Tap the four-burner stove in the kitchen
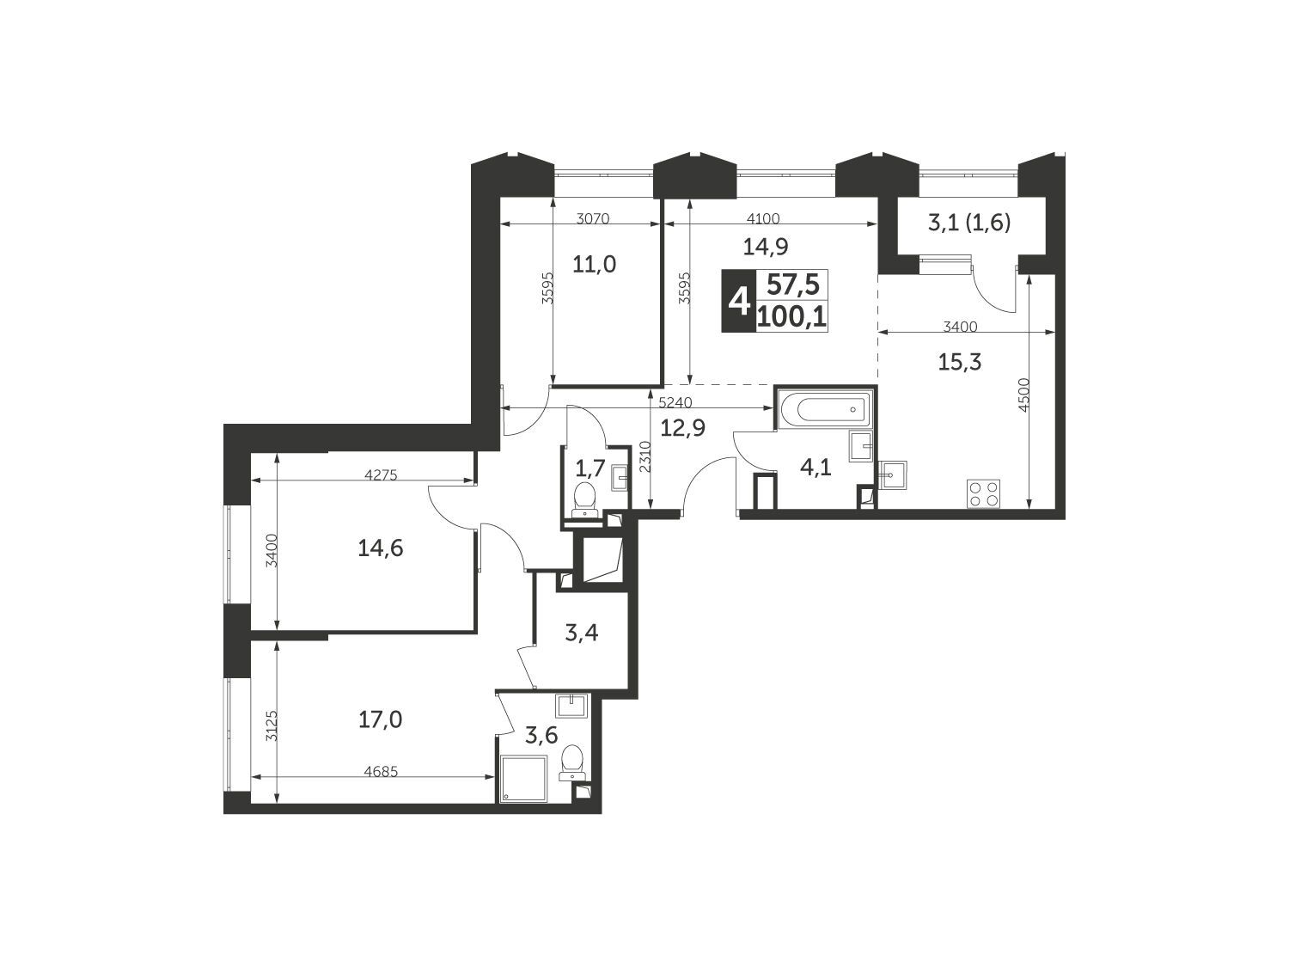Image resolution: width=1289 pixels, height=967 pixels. (x=984, y=493)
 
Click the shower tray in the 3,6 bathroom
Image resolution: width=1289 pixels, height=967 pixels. (x=523, y=779)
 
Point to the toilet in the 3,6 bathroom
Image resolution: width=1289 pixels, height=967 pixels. (x=571, y=762)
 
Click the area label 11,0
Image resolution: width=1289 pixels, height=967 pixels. (x=595, y=265)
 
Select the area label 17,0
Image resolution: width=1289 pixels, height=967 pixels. (x=380, y=719)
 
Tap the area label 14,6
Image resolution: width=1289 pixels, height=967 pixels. (x=381, y=548)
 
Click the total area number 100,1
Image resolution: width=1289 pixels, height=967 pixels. (x=792, y=318)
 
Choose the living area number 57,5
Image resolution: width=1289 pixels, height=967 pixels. (x=793, y=286)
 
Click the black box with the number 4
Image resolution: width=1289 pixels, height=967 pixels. (x=739, y=301)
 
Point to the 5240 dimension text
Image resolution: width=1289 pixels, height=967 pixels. (x=675, y=402)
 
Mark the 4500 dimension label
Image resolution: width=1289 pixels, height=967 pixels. (x=1023, y=395)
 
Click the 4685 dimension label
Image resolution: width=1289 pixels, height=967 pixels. (x=381, y=772)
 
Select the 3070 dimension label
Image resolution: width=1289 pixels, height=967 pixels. (x=593, y=219)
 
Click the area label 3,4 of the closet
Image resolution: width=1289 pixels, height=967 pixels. (x=582, y=633)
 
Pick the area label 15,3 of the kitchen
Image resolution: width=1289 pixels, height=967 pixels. (x=960, y=362)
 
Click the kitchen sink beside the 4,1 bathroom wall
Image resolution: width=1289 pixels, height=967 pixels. (x=892, y=474)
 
